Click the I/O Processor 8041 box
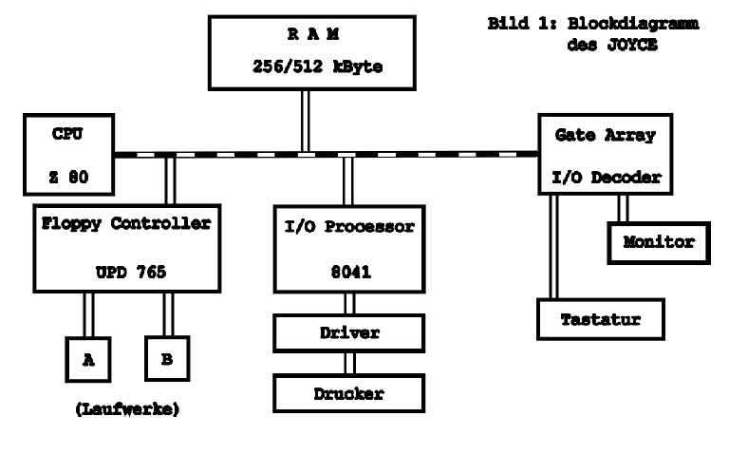click(x=347, y=245)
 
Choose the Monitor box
click(x=659, y=243)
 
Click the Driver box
click(x=347, y=332)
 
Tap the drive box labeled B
click(x=168, y=358)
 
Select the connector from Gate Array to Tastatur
click(x=551, y=247)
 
